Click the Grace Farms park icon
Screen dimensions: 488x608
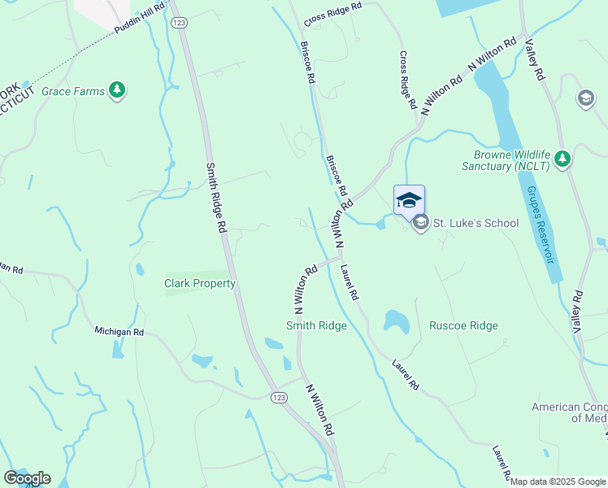point(118,90)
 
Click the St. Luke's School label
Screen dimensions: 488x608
point(475,223)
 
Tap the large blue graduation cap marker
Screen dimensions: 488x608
point(409,199)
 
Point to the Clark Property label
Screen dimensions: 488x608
point(200,284)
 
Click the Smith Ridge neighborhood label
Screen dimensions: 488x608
point(316,326)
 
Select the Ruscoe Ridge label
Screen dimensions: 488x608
point(463,326)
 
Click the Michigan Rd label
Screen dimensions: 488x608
point(119,332)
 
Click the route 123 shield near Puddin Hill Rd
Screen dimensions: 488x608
point(180,23)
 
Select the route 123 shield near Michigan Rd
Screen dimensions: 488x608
point(279,396)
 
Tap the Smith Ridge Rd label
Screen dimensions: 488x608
point(215,199)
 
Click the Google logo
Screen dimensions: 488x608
point(27,478)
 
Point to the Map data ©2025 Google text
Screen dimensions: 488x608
point(558,481)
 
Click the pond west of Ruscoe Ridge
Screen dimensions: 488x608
point(396,321)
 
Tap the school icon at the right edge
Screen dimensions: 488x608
point(585,99)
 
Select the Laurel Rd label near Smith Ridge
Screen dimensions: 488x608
point(350,283)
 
